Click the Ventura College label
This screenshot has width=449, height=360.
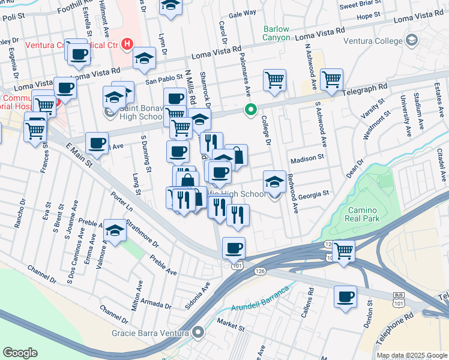pyautogui.click(x=373, y=41)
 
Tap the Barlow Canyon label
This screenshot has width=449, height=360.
pyautogui.click(x=276, y=33)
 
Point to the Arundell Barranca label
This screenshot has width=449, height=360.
pyautogui.click(x=259, y=299)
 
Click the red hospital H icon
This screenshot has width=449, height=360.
pyautogui.click(x=127, y=43)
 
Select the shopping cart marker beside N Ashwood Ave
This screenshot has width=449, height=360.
pyautogui.click(x=331, y=79)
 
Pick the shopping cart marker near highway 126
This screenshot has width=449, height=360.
pyautogui.click(x=344, y=251)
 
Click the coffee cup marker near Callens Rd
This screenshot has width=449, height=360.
pyautogui.click(x=345, y=296)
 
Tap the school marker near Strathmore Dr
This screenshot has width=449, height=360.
pyautogui.click(x=113, y=230)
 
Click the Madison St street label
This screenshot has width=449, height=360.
pyautogui.click(x=307, y=160)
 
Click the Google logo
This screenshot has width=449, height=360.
pyautogui.click(x=20, y=353)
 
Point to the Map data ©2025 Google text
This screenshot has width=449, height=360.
pyautogui.click(x=411, y=355)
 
